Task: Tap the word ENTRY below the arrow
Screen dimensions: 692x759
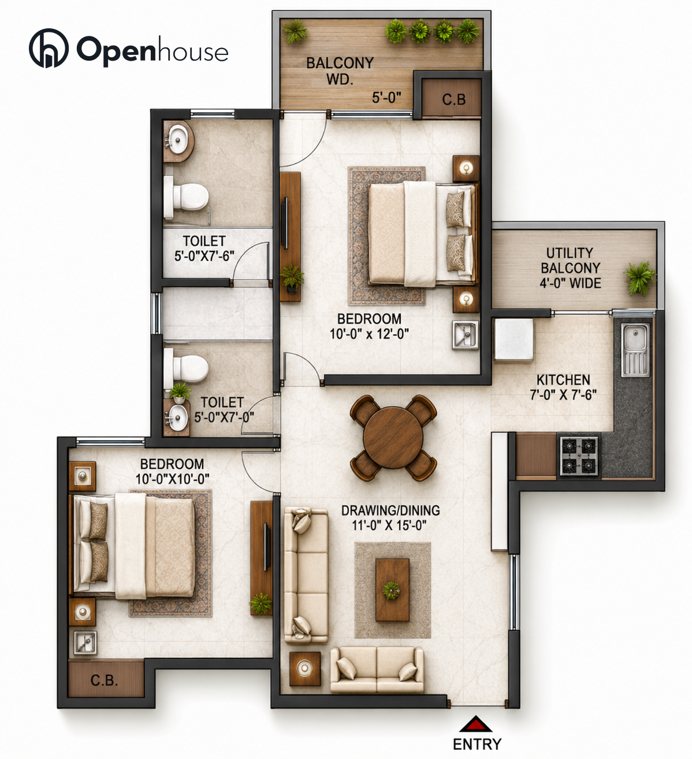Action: pos(477,744)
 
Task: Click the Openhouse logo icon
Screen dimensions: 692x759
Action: pos(49,48)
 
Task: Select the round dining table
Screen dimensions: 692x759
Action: pos(393,438)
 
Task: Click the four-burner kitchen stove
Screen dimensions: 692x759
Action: pos(579,456)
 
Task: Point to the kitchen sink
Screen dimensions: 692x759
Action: pos(635,349)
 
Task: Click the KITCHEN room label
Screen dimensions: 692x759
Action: pos(563,380)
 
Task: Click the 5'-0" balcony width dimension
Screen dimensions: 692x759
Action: pos(386,98)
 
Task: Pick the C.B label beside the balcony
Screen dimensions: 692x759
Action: pos(453,99)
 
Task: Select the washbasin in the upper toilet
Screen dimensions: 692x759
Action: pos(177,140)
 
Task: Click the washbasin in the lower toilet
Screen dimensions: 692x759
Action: pos(177,417)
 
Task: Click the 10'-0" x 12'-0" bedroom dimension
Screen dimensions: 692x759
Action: pos(369,334)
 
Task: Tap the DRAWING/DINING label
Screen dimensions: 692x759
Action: pos(390,510)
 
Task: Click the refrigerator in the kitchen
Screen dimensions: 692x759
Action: pos(514,339)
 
